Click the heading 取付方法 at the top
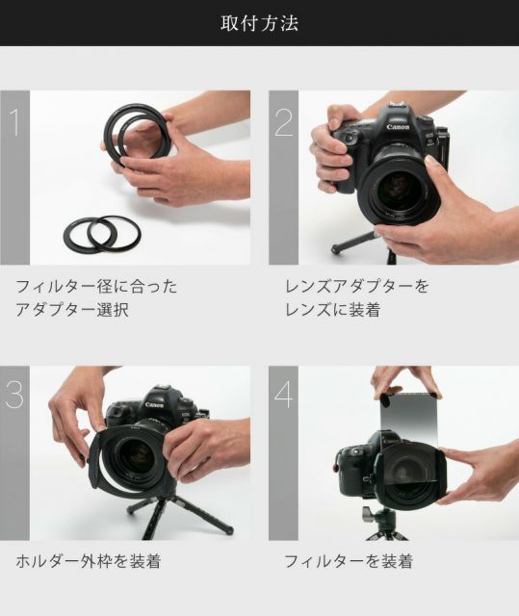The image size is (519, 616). [x=259, y=23]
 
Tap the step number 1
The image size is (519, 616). [x=14, y=122]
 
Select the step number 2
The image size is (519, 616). [x=283, y=122]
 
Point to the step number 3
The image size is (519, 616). [x=14, y=395]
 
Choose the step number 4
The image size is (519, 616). [x=283, y=396]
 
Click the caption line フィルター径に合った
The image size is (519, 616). [x=96, y=287]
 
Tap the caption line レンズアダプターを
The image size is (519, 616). [x=356, y=287]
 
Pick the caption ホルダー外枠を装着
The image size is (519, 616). [x=88, y=560]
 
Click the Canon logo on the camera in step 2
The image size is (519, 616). [x=399, y=128]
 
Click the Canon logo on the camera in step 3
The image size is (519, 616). [x=154, y=405]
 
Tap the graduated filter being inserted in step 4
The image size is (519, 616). [x=410, y=414]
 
